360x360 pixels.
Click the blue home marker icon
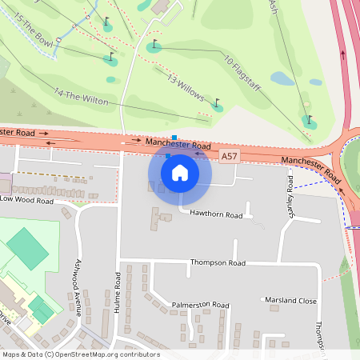tap(180, 172)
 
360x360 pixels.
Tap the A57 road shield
tap(230, 154)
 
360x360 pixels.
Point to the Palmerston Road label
tap(200, 305)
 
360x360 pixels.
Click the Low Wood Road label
tap(26, 200)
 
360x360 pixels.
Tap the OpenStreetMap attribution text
tap(80, 354)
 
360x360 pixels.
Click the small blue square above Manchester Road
tap(174, 138)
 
